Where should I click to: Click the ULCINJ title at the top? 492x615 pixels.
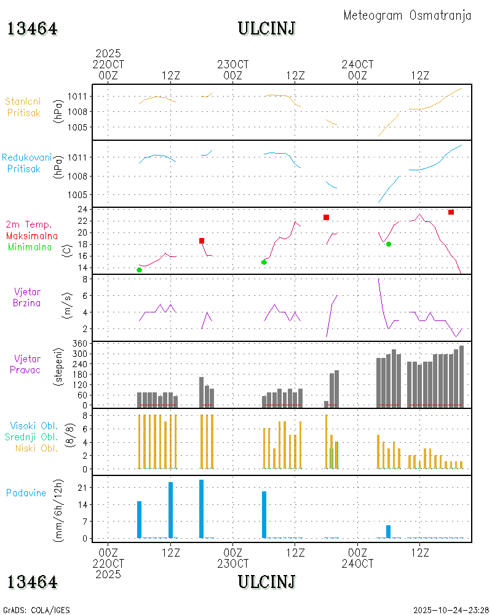tap(266, 28)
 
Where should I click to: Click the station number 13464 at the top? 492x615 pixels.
tap(33, 29)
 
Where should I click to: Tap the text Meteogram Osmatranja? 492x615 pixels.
tap(407, 15)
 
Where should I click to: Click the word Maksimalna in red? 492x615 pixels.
tap(32, 236)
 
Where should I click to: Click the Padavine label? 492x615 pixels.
tap(26, 493)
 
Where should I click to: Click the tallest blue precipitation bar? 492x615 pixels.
tap(201, 509)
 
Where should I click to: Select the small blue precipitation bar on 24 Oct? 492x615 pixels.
tap(388, 531)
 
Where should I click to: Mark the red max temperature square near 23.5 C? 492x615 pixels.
tap(451, 212)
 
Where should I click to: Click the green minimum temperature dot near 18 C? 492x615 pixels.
tap(389, 244)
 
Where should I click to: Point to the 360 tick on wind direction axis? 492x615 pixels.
tap(81, 343)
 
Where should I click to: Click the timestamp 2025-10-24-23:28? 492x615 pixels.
tap(451, 610)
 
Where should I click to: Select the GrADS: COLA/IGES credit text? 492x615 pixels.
tap(36, 610)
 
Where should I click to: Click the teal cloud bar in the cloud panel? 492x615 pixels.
tap(331, 458)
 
